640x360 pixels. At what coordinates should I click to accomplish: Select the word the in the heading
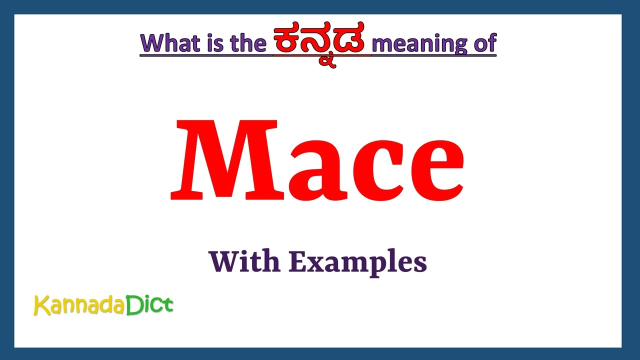coord(248,43)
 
